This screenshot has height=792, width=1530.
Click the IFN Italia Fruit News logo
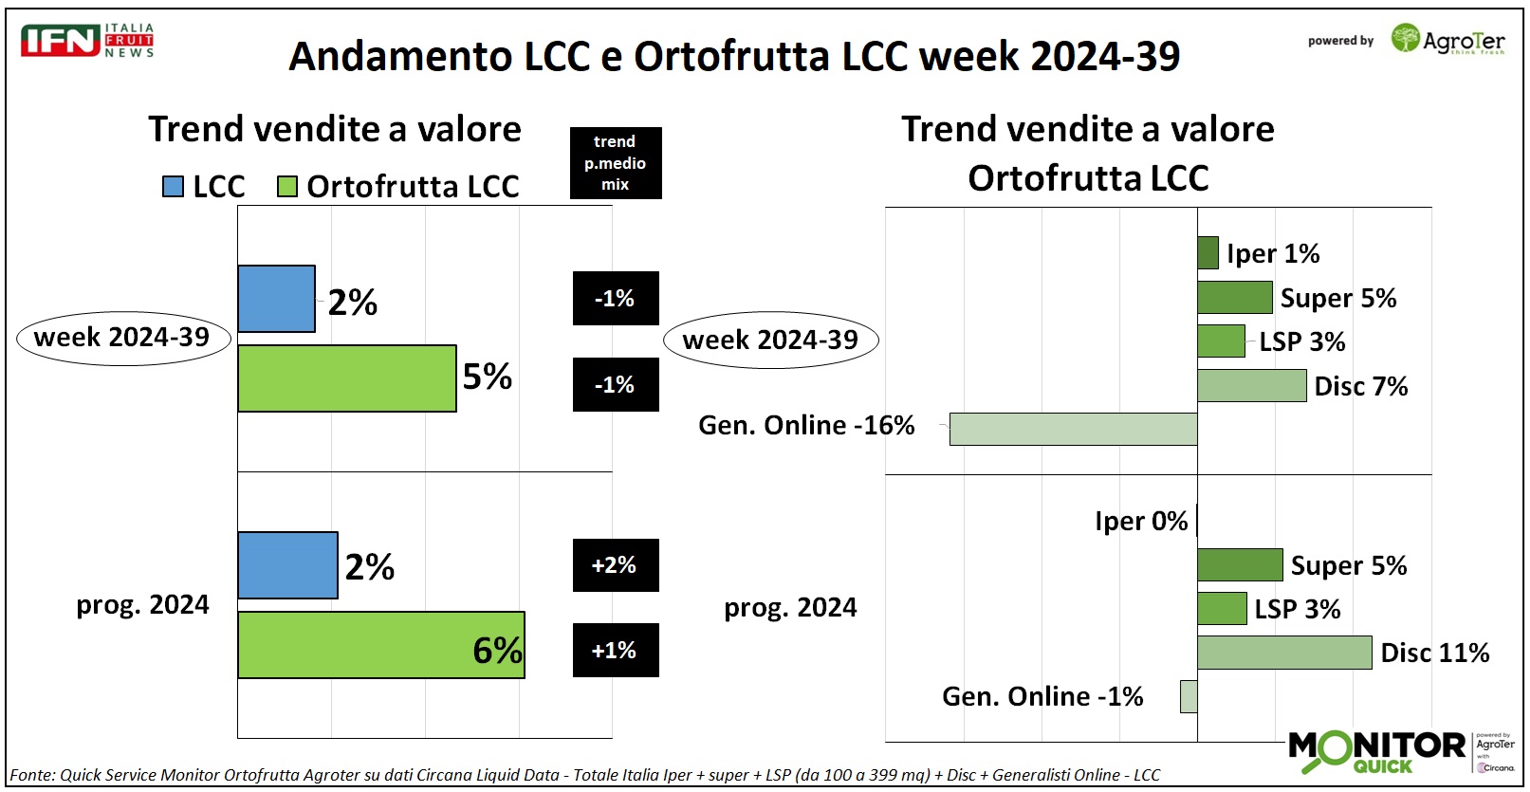click(x=86, y=41)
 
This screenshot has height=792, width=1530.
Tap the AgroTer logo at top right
click(x=1447, y=40)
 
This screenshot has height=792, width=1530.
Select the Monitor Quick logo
click(x=1377, y=751)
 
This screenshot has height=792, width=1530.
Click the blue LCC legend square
click(x=173, y=186)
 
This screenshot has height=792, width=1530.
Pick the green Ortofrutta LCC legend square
click(x=286, y=186)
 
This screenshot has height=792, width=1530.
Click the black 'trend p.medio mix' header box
click(x=615, y=163)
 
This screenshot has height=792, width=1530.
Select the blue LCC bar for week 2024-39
click(x=276, y=299)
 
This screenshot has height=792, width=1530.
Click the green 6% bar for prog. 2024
click(x=380, y=645)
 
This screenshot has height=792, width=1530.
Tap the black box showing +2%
click(x=615, y=565)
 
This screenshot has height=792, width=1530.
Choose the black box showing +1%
click(x=615, y=650)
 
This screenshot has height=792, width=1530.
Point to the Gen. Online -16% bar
click(x=1073, y=429)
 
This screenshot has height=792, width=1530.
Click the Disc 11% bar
click(x=1283, y=653)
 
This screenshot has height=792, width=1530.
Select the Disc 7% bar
click(x=1251, y=385)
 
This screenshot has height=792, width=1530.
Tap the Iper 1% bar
click(x=1207, y=253)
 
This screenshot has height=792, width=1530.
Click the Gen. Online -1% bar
click(x=1189, y=696)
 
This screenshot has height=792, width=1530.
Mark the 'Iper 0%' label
click(x=1141, y=521)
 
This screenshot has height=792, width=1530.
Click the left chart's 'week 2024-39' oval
click(x=122, y=338)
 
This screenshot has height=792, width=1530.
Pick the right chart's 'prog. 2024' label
click(x=790, y=607)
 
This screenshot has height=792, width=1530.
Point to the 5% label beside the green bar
click(x=487, y=378)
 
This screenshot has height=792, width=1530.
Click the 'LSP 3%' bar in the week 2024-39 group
click(x=1221, y=341)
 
